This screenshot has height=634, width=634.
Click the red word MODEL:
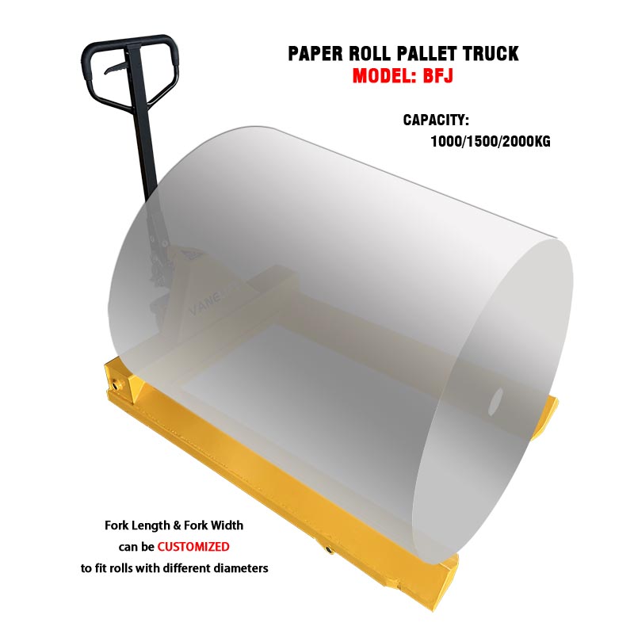pos(385,78)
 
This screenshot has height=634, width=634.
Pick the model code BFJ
pos(440,78)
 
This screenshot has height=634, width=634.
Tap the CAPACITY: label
pos(437,120)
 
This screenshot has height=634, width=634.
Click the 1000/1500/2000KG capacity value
pos(491,143)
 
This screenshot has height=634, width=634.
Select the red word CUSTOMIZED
pos(193,546)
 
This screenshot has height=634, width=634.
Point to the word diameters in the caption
pos(239,567)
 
